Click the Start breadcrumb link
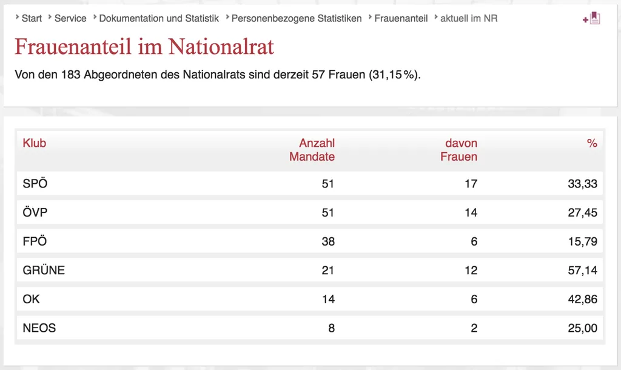pos(32,19)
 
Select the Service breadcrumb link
pos(70,19)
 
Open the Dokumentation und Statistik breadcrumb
pos(159,19)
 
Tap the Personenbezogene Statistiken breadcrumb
pos(296,19)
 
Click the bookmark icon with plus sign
pos(592,18)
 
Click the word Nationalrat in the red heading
pos(221,47)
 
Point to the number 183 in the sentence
pos(70,75)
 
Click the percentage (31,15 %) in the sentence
pos(394,75)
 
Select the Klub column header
pos(35,143)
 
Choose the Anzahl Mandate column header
pos(312,150)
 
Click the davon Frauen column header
pos(458,150)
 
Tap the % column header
pos(592,143)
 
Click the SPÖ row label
pos(35,183)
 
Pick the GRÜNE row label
pos(44,270)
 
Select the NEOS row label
pos(39,328)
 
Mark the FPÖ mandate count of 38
pos(328,241)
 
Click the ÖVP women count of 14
pos(471,213)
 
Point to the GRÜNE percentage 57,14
pos(583,270)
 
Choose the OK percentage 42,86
pos(583,299)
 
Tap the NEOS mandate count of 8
pos(332,328)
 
